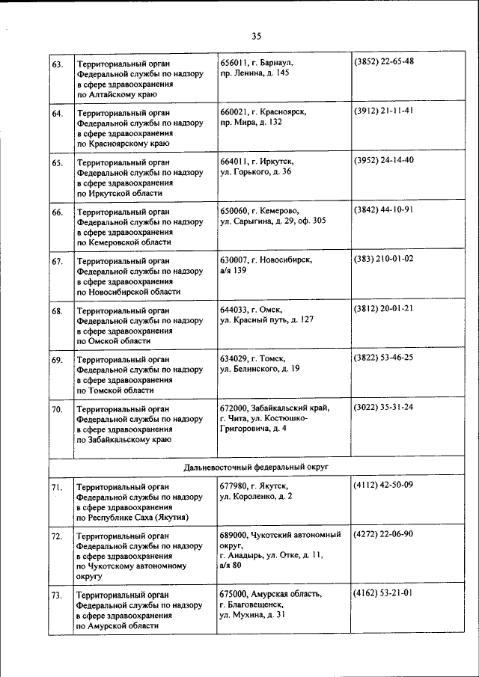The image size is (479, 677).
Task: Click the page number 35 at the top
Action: coord(257,36)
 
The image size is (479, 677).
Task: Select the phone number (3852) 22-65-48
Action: coord(383,61)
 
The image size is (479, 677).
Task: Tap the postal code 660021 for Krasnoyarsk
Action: coord(236,111)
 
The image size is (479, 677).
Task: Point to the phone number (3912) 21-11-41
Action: coord(383,111)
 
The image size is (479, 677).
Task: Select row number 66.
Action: coord(57,213)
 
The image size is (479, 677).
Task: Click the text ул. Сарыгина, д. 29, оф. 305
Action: coord(273,221)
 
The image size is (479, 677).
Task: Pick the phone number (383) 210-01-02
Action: coord(383,259)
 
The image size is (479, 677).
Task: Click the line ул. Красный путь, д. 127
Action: coord(266,319)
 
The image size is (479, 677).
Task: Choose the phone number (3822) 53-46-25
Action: coord(383,358)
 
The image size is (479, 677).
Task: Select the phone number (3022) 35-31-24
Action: coord(383,408)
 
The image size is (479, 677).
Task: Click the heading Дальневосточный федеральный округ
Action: coord(256,467)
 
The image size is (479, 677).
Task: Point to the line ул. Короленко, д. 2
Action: coord(256,497)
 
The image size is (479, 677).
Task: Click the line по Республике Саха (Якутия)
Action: coord(132,517)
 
